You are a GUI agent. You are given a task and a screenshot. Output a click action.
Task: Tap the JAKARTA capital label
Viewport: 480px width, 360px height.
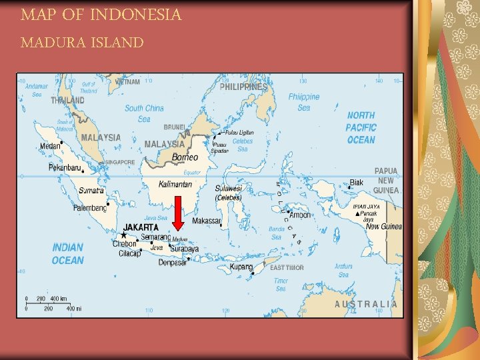[141, 227]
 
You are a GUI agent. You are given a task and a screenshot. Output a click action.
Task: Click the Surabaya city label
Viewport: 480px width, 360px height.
[184, 249]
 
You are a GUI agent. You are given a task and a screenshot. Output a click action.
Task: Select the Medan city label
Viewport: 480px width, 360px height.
[51, 146]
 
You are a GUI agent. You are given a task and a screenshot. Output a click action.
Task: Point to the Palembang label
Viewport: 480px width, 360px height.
[89, 207]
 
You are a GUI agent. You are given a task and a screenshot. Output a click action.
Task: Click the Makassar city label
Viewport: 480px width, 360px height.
[206, 221]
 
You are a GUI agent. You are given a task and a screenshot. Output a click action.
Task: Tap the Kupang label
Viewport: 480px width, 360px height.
[241, 267]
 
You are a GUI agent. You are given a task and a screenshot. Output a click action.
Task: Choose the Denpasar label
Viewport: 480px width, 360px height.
[173, 262]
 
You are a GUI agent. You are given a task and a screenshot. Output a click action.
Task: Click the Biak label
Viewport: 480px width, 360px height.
[357, 182]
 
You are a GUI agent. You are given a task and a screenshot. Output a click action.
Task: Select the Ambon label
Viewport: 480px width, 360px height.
[299, 215]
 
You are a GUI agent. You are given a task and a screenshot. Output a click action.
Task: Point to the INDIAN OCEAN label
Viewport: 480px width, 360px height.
[68, 254]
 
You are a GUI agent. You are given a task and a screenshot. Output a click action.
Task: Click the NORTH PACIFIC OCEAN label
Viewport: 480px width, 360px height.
[361, 127]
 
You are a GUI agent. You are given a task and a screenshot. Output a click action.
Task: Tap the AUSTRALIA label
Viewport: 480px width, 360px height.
[366, 304]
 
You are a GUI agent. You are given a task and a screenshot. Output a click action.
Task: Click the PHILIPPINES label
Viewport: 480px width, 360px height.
[243, 87]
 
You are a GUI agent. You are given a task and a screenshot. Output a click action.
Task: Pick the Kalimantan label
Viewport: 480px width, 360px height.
[175, 184]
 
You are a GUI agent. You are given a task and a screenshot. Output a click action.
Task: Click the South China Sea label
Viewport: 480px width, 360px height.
[144, 113]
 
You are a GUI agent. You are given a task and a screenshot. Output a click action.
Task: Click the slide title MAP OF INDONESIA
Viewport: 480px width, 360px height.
[101, 15]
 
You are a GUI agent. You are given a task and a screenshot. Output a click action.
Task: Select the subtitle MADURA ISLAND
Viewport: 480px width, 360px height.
[82, 43]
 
